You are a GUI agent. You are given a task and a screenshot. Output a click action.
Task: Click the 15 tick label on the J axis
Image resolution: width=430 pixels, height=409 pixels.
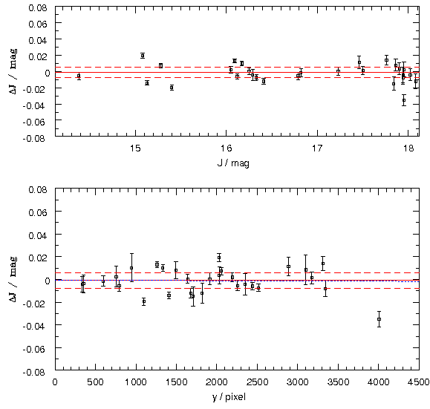pos(135,148)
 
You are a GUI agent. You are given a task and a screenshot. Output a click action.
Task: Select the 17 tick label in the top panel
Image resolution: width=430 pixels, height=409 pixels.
pos(317,148)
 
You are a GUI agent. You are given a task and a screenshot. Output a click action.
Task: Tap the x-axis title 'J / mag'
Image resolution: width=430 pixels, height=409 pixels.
pos(233,163)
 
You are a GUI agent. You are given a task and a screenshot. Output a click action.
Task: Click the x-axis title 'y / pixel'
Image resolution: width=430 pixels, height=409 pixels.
pos(229,397)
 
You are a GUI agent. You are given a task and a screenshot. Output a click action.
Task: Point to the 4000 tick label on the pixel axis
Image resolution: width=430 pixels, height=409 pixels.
pos(378,382)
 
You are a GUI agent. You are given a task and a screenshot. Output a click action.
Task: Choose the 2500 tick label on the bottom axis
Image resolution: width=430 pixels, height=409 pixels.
pos(257,382)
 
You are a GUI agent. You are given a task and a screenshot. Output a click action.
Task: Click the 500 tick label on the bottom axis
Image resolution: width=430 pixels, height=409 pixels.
pos(96,382)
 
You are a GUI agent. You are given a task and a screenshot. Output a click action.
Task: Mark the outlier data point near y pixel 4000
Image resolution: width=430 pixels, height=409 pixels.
pos(379,319)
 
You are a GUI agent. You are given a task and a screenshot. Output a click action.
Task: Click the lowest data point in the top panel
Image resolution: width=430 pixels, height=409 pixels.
pos(404,100)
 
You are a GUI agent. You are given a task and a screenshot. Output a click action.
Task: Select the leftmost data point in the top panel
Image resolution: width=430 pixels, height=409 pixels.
pos(79,76)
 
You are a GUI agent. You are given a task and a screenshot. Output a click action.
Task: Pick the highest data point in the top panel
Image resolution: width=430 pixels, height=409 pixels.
pos(143,56)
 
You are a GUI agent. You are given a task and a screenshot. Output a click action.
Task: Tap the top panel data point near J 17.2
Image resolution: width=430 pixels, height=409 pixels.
pos(338,71)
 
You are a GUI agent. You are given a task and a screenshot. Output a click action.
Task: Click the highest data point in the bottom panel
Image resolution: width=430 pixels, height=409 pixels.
pos(219,258)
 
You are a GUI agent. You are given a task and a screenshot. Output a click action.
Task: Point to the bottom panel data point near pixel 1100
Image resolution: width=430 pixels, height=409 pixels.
pos(144,301)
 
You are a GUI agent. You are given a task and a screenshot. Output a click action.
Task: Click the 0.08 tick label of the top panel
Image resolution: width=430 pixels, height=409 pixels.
pos(38,7)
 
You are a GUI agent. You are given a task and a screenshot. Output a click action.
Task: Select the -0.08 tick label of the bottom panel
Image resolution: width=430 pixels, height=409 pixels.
pos(35,373)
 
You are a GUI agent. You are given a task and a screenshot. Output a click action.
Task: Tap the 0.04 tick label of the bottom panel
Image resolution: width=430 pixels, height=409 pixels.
pos(38,235)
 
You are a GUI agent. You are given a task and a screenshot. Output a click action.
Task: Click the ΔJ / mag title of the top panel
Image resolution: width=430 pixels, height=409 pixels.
pos(13,71)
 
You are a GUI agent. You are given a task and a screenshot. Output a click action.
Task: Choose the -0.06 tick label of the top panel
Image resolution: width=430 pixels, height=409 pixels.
pos(35,122)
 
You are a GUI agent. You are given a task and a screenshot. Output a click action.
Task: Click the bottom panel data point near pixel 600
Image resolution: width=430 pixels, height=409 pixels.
pos(103,281)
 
